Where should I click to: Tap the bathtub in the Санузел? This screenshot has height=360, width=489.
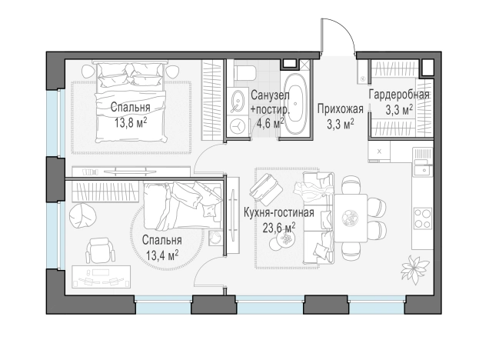coord(296,105)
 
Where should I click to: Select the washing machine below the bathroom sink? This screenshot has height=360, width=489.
coord(238,125)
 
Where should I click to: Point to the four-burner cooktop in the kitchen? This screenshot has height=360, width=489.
coord(423,218)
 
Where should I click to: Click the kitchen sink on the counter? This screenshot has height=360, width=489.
coord(423,170)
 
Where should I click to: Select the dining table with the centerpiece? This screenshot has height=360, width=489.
coord(351,218)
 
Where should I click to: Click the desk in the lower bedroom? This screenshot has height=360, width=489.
coord(101,277)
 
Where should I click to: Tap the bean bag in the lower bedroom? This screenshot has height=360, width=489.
coord(82,216)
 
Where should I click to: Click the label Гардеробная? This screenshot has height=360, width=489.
coord(399,95)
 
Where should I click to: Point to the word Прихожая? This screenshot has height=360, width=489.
coord(341,109)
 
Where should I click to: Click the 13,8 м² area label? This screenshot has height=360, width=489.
coord(131,123)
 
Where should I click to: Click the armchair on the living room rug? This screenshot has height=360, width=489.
coord(266,188)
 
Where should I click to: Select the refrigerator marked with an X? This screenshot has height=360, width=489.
coord(379,152)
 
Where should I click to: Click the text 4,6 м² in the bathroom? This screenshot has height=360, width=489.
coord(270,123)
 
